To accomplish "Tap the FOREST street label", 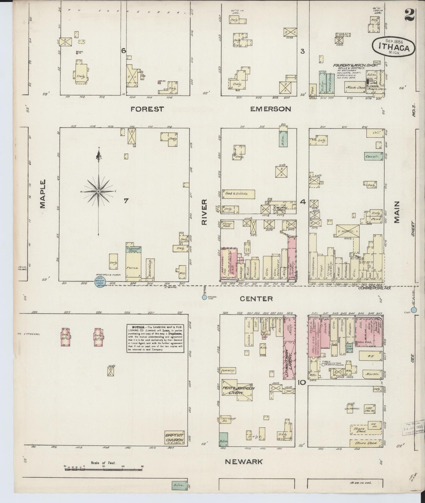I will click(x=147, y=109).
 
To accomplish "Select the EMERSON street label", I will click(x=270, y=109).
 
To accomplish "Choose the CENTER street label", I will click(x=256, y=299).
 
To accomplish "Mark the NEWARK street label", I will click(x=244, y=462).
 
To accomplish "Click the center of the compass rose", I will click(x=99, y=191).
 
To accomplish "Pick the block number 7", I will click(x=126, y=201).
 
